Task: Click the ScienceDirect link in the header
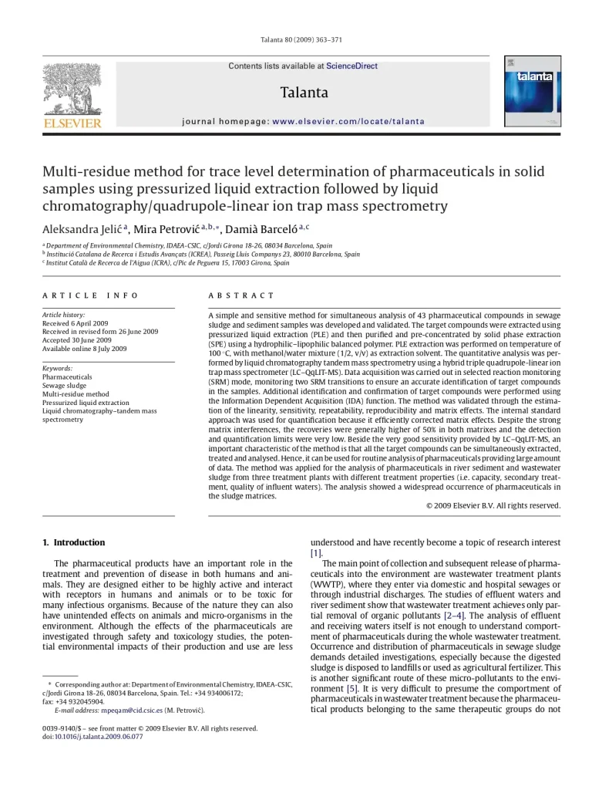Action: click(351, 66)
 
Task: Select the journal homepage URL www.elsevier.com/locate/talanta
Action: click(348, 122)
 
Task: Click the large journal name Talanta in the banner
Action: click(304, 93)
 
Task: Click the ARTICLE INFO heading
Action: click(90, 295)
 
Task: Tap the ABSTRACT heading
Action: click(241, 295)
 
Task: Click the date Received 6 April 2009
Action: click(75, 323)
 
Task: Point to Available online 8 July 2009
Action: click(84, 349)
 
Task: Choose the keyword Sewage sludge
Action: click(65, 385)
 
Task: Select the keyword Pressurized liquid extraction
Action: click(86, 402)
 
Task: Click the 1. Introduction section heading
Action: click(74, 542)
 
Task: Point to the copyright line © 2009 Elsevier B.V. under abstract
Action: click(493, 505)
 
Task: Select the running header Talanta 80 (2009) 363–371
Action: click(296, 40)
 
